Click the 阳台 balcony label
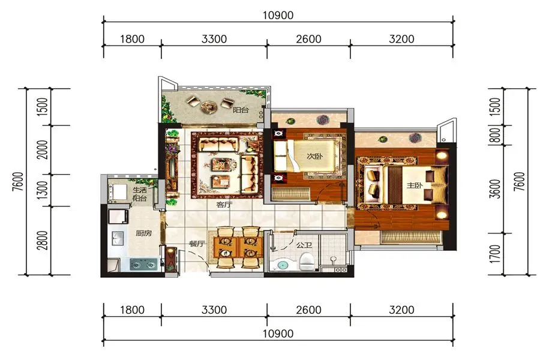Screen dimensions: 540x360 (241, 110)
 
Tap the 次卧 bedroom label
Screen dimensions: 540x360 (315, 156)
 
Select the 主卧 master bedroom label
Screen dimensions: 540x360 (414, 185)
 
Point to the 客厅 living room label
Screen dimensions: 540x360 (224, 205)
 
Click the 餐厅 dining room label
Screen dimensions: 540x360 (197, 244)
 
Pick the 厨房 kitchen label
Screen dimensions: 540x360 (143, 233)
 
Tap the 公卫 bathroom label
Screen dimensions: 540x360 (304, 245)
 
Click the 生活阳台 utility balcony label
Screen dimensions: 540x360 (140, 194)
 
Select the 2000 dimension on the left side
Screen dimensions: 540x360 (43, 150)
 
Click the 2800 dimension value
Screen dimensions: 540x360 (43, 241)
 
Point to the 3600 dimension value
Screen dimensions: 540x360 (495, 189)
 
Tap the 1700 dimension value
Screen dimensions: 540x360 (495, 254)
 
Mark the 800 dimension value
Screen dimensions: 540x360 (495, 135)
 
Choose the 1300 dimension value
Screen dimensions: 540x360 (43, 190)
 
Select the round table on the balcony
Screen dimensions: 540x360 (209, 107)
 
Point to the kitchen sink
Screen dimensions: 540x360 (118, 238)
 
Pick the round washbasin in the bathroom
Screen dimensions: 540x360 (283, 265)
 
